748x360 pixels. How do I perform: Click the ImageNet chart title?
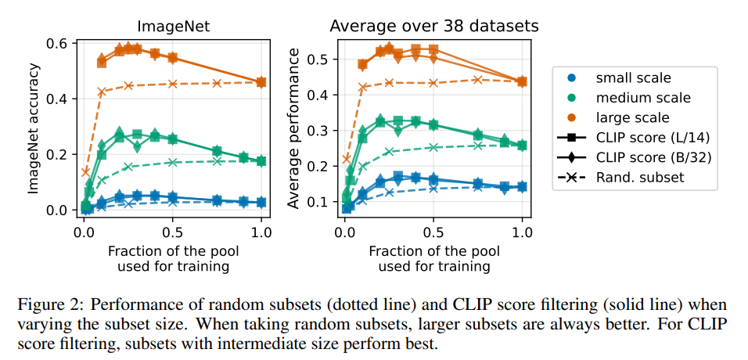pyautogui.click(x=172, y=25)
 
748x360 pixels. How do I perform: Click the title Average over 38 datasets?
pyautogui.click(x=433, y=25)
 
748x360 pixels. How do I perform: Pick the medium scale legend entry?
pyautogui.click(x=643, y=98)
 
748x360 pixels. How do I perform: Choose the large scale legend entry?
pyautogui.click(x=632, y=117)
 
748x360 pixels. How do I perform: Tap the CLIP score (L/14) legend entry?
pyautogui.click(x=649, y=138)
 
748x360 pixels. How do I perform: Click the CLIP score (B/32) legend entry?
pyautogui.click(x=649, y=157)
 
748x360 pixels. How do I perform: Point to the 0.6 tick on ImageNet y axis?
pyautogui.click(x=59, y=42)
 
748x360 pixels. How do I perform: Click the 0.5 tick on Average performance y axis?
pyautogui.click(x=320, y=59)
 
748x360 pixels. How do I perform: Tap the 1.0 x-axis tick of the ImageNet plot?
pyautogui.click(x=261, y=232)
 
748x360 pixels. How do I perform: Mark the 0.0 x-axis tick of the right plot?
pyautogui.click(x=344, y=232)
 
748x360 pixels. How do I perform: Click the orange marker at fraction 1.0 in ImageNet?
pyautogui.click(x=261, y=82)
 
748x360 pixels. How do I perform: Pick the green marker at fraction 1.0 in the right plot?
pyautogui.click(x=522, y=146)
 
